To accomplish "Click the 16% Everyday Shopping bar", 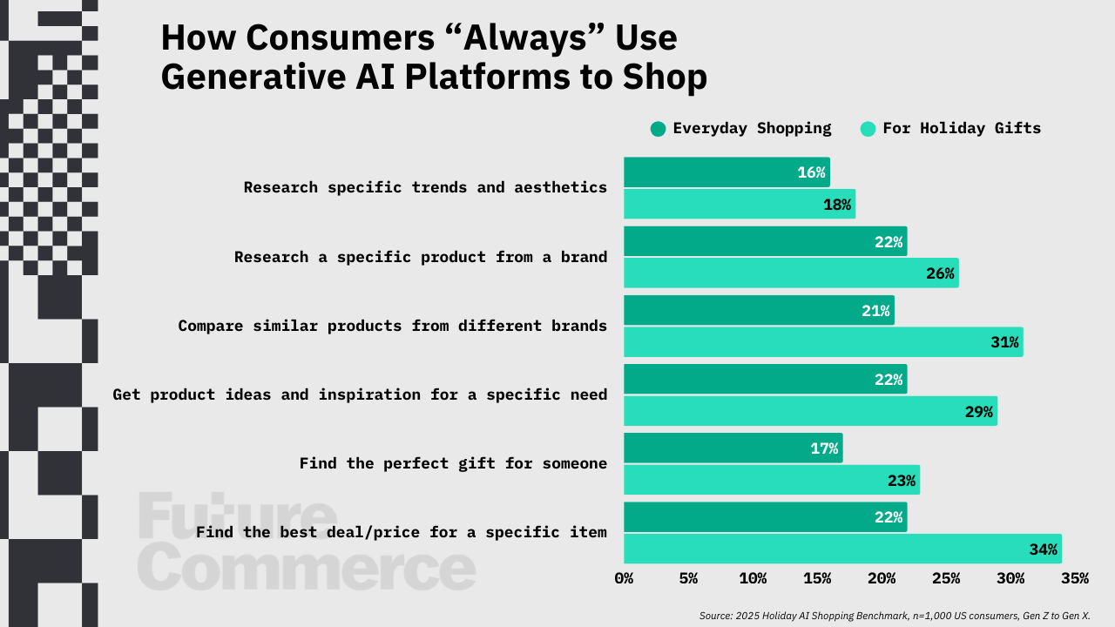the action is coord(726,172).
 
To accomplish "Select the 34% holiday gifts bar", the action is coord(842,549).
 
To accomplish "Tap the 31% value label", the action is coord(1004,342).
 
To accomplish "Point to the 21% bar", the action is coord(759,310).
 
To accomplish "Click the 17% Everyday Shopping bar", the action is coord(733,448).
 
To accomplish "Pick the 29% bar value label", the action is coord(978,412).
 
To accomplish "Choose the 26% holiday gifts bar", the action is coord(792,273).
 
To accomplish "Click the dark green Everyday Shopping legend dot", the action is coord(658,129).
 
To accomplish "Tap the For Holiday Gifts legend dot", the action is coord(868,129).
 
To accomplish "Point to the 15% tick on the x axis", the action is coord(817,578).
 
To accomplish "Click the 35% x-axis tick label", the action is coord(1075,578).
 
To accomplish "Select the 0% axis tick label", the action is coord(624,578).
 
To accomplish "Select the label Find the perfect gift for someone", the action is coord(453,464).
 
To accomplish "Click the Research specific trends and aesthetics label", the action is coord(425,187).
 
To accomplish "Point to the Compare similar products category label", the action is coord(393,326).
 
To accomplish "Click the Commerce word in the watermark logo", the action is coord(307,567).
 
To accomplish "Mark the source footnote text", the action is coord(895,616).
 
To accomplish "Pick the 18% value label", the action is coord(837,205).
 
